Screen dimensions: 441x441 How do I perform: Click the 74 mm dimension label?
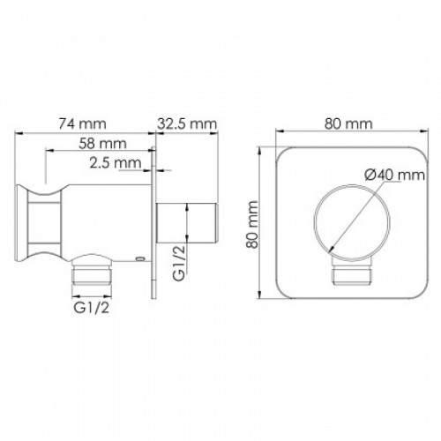82,123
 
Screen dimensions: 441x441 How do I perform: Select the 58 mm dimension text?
102,144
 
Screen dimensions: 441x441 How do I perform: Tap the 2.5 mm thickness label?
116,163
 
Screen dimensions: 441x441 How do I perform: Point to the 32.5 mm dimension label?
187,123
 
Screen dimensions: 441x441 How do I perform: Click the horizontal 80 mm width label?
348,123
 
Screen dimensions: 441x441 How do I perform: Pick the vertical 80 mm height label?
252,225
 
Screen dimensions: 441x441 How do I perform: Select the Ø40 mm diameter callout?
394,176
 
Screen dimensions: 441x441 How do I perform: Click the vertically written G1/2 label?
179,264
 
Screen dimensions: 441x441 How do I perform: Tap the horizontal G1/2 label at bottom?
91,308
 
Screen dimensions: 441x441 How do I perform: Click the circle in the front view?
314,222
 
